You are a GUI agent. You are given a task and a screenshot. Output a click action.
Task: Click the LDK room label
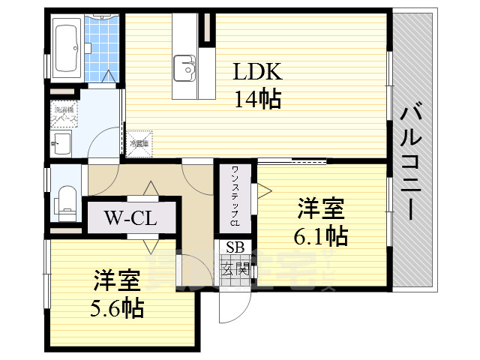pos(256,73)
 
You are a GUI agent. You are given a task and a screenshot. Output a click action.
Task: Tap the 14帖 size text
pos(257,98)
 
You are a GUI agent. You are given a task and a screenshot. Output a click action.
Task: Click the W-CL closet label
pos(130,219)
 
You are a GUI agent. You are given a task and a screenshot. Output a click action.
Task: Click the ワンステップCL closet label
pos(235,197)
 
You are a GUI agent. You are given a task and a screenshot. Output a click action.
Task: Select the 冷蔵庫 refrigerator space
pos(139,142)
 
